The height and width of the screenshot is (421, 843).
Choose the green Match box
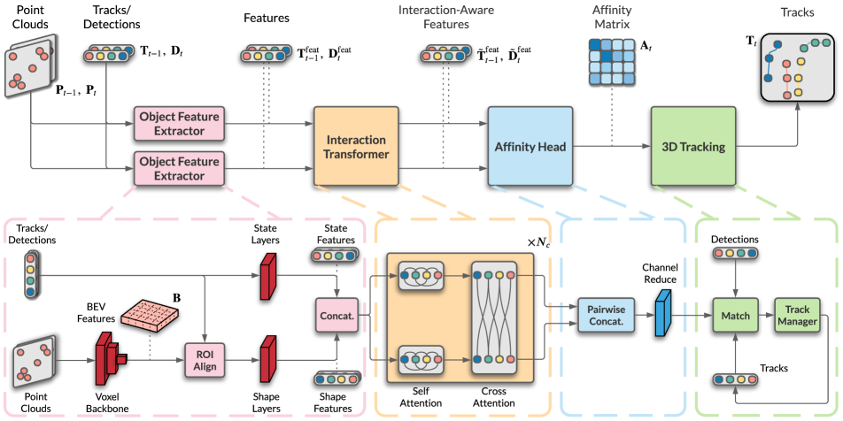pyautogui.click(x=734, y=315)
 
